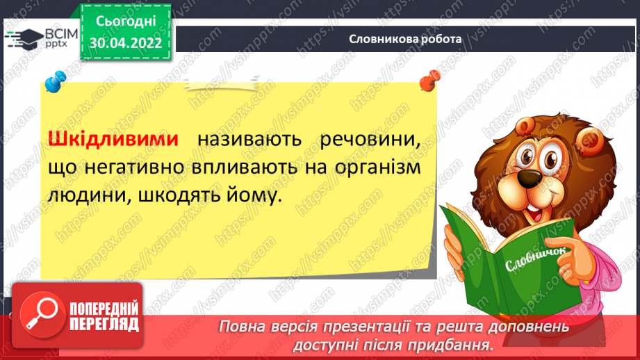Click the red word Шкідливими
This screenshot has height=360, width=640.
point(113,139)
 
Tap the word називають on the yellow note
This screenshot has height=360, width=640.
point(249,140)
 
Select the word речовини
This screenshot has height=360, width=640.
point(370,140)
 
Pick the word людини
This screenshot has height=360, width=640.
point(90,196)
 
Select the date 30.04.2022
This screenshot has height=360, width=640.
point(126,43)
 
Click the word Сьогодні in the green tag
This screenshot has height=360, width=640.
point(126,22)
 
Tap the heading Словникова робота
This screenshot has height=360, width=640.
point(405,39)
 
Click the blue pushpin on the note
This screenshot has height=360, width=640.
point(55,81)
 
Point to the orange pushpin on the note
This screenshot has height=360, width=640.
point(430,80)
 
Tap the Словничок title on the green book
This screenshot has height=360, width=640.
point(536,259)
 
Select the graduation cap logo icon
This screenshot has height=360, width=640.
point(24,39)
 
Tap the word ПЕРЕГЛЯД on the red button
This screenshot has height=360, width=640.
point(104,325)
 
